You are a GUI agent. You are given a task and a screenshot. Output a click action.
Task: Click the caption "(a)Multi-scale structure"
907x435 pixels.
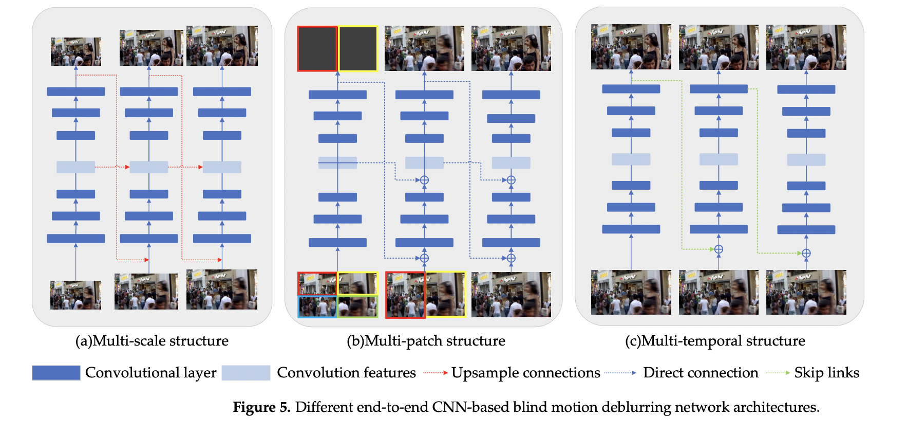pyautogui.click(x=152, y=341)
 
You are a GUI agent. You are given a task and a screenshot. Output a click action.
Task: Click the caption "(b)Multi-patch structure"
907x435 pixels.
pyautogui.click(x=426, y=341)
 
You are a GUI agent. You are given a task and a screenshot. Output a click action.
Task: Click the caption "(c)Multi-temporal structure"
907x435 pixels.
pyautogui.click(x=715, y=341)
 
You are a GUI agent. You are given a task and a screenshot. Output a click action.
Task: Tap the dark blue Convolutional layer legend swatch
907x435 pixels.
pyautogui.click(x=56, y=373)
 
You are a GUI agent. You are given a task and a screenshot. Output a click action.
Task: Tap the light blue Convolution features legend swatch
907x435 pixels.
pyautogui.click(x=245, y=373)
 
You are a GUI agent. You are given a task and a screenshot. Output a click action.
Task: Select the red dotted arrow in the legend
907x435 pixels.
pyautogui.click(x=436, y=373)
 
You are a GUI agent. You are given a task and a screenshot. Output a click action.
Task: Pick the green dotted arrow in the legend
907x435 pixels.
pyautogui.click(x=778, y=373)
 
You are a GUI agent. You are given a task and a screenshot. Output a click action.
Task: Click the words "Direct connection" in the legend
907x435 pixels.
pyautogui.click(x=701, y=373)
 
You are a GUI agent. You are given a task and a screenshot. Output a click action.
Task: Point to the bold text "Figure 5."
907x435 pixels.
pyautogui.click(x=261, y=407)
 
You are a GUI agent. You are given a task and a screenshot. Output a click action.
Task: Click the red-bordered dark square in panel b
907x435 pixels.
pyautogui.click(x=317, y=49)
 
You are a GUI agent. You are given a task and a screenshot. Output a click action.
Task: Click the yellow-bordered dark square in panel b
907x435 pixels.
pyautogui.click(x=358, y=49)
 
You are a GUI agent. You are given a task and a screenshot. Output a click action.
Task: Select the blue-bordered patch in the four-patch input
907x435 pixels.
pyautogui.click(x=317, y=306)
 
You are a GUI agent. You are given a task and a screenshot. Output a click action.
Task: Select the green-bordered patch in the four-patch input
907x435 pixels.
pyautogui.click(x=357, y=306)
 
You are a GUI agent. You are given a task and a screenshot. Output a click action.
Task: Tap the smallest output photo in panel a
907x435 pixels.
pyautogui.click(x=76, y=51)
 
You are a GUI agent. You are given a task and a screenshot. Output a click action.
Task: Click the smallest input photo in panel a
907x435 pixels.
pyautogui.click(x=75, y=295)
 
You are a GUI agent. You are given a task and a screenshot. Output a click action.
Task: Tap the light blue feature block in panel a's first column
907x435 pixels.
pyautogui.click(x=75, y=167)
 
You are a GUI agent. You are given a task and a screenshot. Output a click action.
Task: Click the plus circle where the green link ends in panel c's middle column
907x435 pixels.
pyautogui.click(x=719, y=249)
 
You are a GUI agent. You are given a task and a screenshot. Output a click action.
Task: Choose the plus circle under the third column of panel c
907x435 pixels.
pyautogui.click(x=806, y=253)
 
